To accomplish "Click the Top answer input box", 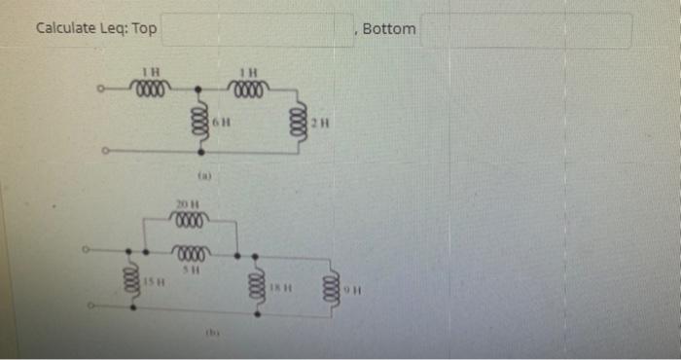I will [257, 29].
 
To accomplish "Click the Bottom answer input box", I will [525, 29].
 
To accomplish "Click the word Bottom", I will [389, 28].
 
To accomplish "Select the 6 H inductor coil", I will [201, 123].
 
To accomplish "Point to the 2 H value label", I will [322, 123].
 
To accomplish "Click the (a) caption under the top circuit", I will [204, 176].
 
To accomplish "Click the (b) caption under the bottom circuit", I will [207, 334].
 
